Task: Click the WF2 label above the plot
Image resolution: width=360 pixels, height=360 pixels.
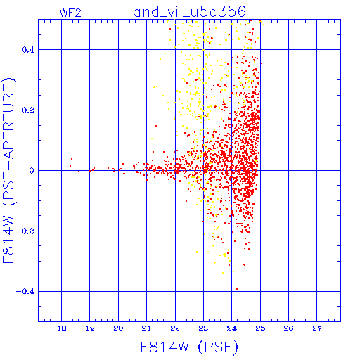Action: click(70, 13)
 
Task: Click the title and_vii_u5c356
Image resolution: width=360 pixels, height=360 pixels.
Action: click(189, 12)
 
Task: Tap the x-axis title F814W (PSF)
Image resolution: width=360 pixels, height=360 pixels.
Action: click(189, 347)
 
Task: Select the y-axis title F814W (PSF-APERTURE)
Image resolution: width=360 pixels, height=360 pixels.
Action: click(8, 171)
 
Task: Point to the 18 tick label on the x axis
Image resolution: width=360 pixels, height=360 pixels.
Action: click(62, 328)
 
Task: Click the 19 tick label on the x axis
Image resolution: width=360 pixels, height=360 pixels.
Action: click(90, 328)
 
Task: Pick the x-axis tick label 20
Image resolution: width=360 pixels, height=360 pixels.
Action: click(118, 328)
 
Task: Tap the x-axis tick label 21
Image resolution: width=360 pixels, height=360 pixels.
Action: click(146, 328)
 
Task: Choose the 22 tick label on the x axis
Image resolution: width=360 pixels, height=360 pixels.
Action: click(175, 328)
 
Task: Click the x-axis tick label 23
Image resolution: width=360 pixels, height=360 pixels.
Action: click(203, 328)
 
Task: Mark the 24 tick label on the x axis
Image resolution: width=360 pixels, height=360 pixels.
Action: click(232, 328)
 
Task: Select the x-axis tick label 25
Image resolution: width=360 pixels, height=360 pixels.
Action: click(260, 328)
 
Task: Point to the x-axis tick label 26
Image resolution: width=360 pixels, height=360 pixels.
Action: click(288, 328)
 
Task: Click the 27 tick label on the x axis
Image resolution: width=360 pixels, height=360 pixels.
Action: click(317, 328)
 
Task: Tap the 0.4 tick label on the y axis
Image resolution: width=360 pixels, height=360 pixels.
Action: click(28, 50)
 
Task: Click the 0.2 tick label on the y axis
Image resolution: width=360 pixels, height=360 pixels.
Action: click(28, 110)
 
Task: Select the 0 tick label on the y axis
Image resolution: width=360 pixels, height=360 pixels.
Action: click(32, 171)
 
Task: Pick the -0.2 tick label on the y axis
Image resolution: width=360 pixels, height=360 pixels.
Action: click(25, 231)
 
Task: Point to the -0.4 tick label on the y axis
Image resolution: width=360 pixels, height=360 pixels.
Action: click(25, 292)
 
